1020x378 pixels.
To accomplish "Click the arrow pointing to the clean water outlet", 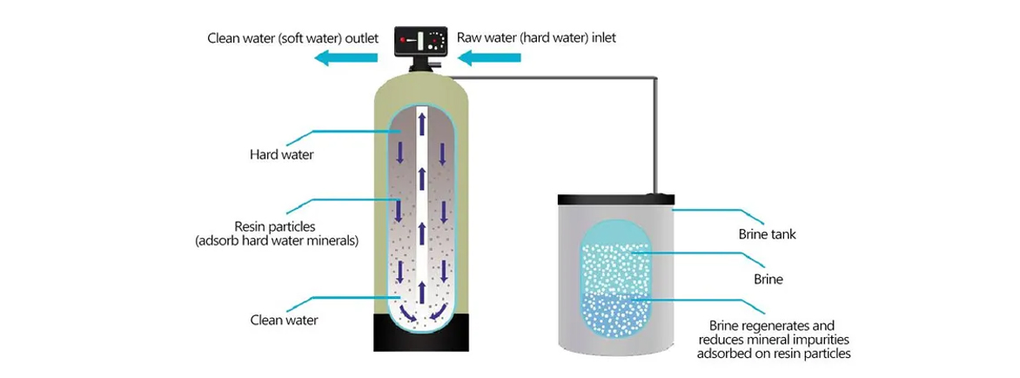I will point(346,58).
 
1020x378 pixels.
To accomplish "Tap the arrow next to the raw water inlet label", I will point(490,58).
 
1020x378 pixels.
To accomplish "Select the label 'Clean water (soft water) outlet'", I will point(292,38).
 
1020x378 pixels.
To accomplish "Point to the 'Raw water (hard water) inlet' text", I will point(536,38).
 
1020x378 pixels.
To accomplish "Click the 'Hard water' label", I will point(281,156).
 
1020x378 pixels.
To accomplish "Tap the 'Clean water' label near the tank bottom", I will point(284,320).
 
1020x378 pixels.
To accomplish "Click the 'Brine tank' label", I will point(767,234).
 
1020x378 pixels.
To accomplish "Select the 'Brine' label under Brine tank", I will point(768,280).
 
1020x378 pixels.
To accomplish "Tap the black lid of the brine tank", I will point(614,200).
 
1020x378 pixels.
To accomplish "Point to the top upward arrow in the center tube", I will point(420,125).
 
